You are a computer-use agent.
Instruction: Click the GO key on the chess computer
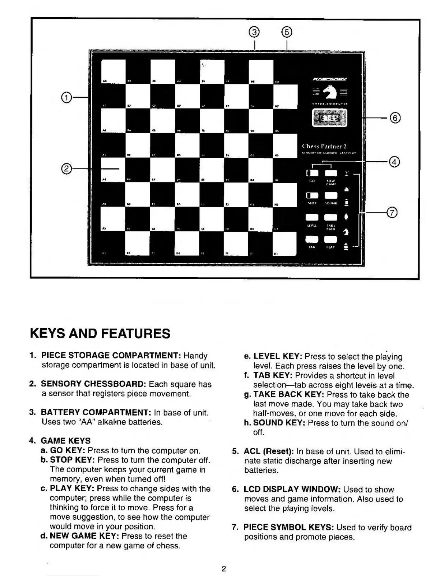click(x=312, y=173)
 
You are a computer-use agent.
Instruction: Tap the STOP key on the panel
click(x=312, y=196)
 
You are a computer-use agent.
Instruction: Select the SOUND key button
click(x=331, y=196)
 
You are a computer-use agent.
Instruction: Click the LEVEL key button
click(x=312, y=218)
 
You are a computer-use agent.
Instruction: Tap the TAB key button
click(x=312, y=239)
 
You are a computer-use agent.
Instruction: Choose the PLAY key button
click(x=331, y=239)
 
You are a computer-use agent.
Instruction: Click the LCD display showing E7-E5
click(x=329, y=118)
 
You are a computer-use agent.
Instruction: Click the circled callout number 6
click(x=395, y=118)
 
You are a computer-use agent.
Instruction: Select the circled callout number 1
click(x=66, y=98)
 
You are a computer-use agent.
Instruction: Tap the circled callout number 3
click(x=254, y=33)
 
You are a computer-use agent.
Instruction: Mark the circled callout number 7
click(x=392, y=212)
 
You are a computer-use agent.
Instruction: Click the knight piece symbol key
click(x=346, y=231)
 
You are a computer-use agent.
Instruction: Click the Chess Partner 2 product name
click(x=324, y=146)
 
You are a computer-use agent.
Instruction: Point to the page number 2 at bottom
click(x=224, y=569)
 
